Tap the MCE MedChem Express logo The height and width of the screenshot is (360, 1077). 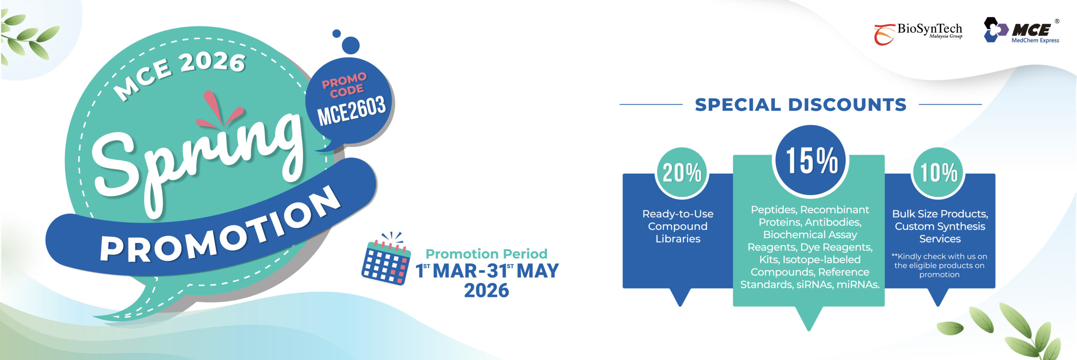(x=1021, y=31)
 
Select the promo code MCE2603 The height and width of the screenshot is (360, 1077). (x=351, y=111)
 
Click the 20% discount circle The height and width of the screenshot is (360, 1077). (x=682, y=172)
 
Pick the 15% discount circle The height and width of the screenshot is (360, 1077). (x=810, y=160)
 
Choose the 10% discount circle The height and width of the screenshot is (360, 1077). (x=939, y=172)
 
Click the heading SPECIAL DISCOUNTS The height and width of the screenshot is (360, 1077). (x=801, y=105)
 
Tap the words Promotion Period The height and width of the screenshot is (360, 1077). (x=486, y=254)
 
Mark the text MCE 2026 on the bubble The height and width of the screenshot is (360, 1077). (x=180, y=75)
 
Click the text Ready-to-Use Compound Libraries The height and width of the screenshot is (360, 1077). (x=678, y=226)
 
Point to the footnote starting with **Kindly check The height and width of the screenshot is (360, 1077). (x=939, y=265)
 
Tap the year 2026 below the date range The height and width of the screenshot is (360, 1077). (x=486, y=291)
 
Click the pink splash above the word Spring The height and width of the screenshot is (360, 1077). (x=218, y=110)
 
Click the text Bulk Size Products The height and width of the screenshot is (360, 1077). (x=940, y=214)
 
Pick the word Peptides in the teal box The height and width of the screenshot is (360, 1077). (x=774, y=210)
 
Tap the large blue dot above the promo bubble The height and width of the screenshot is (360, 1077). (x=350, y=45)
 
